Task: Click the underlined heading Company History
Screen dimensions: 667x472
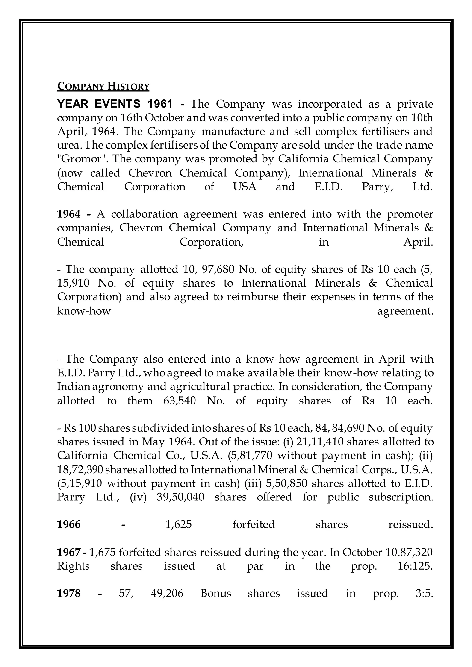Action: [x=103, y=87]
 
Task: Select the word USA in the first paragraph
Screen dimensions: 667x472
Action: [x=245, y=187]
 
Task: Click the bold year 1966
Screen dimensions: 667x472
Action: [x=69, y=524]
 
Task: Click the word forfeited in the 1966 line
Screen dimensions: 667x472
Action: [x=254, y=524]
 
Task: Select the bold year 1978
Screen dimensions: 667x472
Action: [x=69, y=593]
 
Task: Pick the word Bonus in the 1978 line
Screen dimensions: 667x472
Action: [x=216, y=593]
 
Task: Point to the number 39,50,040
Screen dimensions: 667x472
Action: [x=180, y=497]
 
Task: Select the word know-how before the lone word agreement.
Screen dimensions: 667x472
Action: [x=84, y=311]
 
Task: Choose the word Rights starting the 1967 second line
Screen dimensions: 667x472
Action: [x=73, y=566]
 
